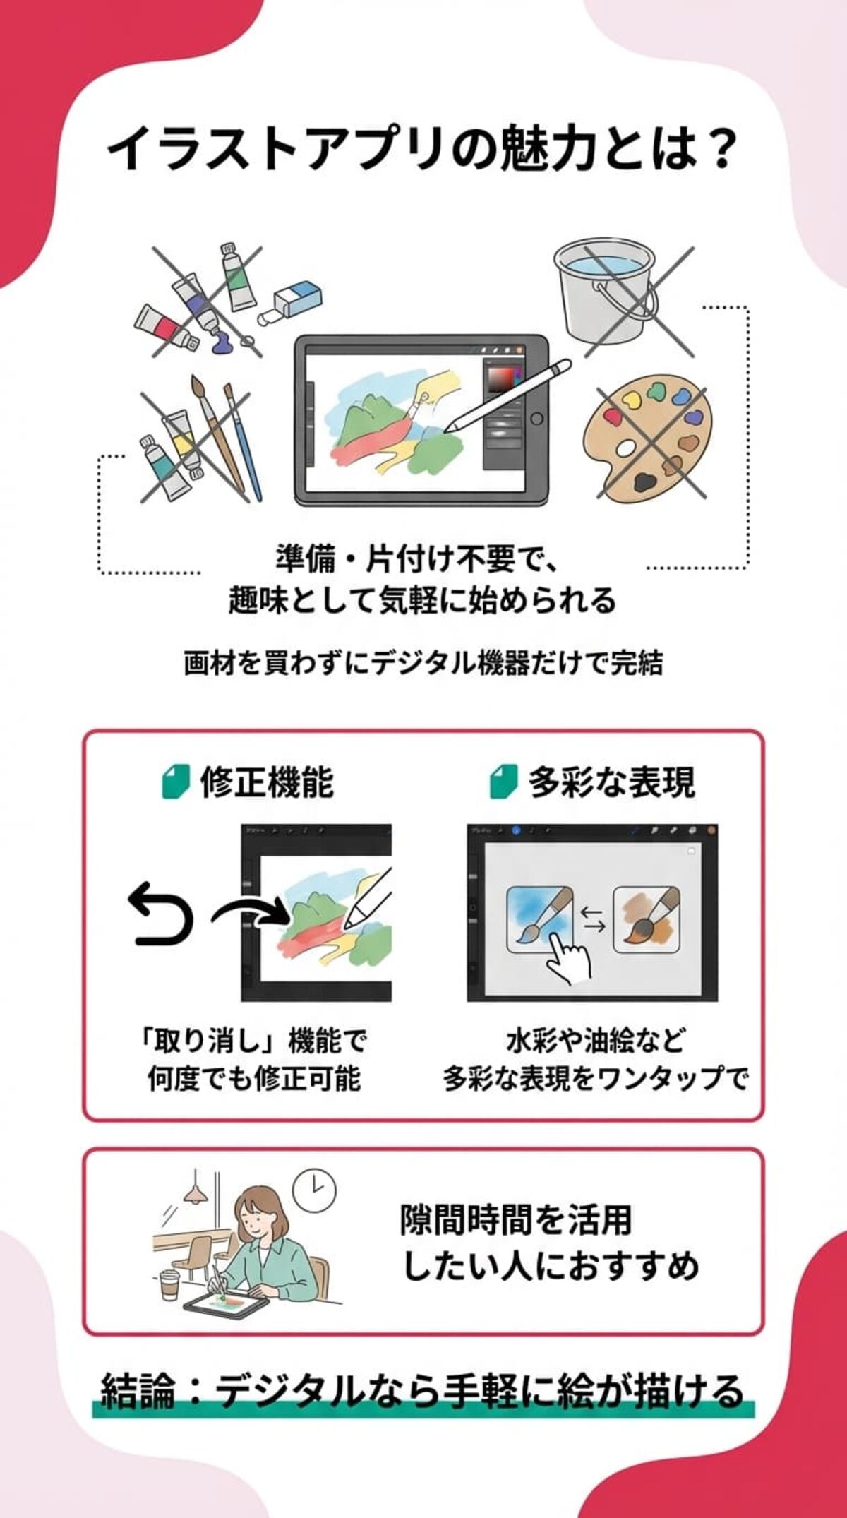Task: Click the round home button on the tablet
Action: pyautogui.click(x=537, y=418)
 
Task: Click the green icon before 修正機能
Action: pyautogui.click(x=175, y=782)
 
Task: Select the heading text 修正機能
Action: pyautogui.click(x=266, y=782)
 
